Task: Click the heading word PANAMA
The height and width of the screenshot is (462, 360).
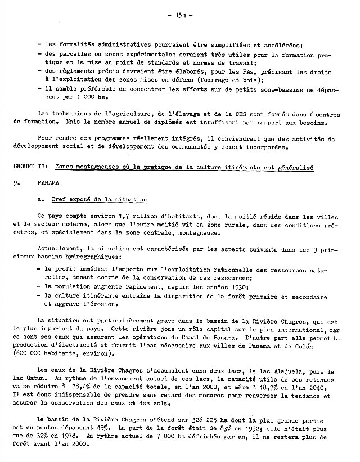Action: [47, 183]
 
